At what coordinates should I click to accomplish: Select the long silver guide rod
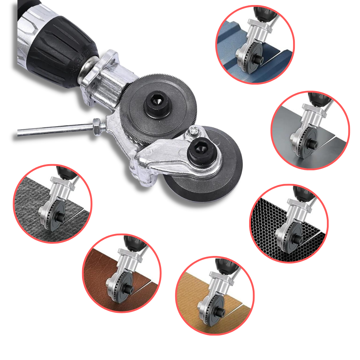[54, 129]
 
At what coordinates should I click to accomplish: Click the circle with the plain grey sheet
[310, 130]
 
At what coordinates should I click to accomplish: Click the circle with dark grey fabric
[53, 203]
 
